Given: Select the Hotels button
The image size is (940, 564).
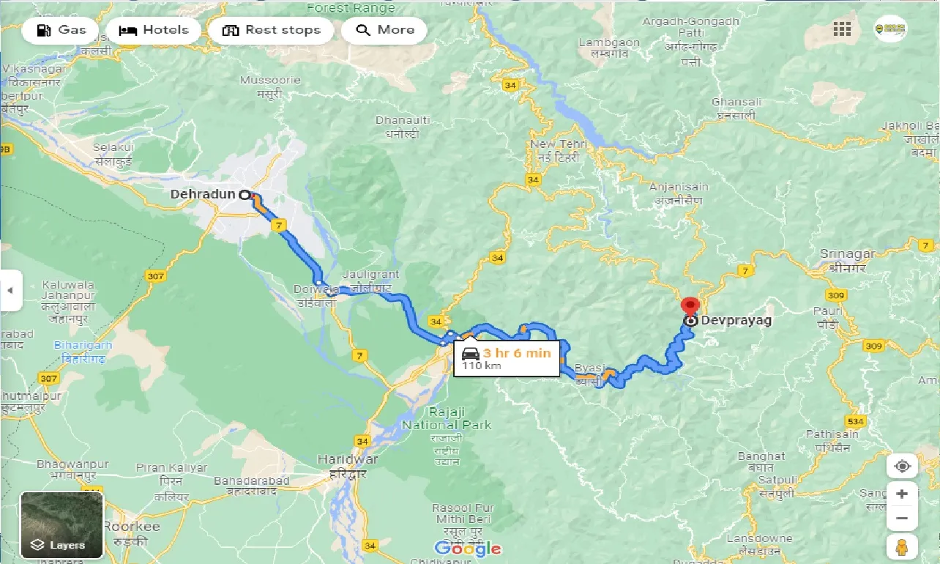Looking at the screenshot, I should click(154, 30).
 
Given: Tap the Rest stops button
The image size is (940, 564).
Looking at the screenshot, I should click(271, 30).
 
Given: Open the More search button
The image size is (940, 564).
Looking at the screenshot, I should click(384, 30).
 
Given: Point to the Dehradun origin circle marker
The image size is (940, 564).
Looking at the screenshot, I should click(245, 195).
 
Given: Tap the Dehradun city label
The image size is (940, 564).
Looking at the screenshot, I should click(202, 195).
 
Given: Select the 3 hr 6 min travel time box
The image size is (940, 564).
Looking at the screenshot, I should click(507, 357).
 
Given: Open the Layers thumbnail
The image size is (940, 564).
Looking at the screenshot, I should click(62, 524).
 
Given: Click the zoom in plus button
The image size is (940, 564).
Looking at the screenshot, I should click(902, 494).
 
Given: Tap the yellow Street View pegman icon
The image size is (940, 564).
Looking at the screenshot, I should click(902, 547).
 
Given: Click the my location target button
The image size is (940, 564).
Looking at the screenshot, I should click(902, 467).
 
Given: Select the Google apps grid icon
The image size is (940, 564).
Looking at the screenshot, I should click(842, 29).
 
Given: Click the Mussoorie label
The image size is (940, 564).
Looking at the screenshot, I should click(270, 80).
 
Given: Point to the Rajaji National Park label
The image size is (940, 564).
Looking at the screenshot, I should click(447, 418).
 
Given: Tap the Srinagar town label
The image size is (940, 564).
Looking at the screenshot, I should click(847, 254).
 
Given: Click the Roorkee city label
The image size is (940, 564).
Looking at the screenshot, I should click(131, 527).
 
